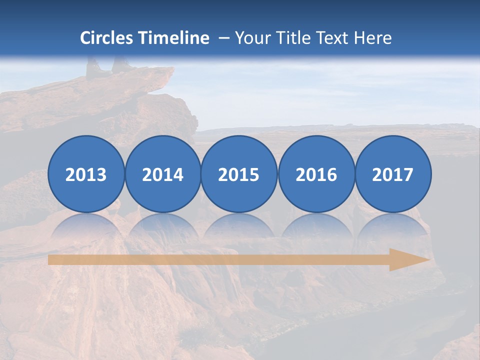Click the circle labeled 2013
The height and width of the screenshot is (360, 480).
click(x=86, y=174)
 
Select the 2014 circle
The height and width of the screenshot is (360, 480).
click(x=162, y=174)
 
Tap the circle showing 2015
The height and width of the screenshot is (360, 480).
click(x=239, y=174)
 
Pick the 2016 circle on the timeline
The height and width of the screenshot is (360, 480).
click(x=316, y=174)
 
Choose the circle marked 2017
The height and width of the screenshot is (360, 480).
click(x=393, y=174)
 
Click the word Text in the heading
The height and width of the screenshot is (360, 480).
click(x=336, y=38)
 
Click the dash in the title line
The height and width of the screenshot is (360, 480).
click(x=223, y=38)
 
